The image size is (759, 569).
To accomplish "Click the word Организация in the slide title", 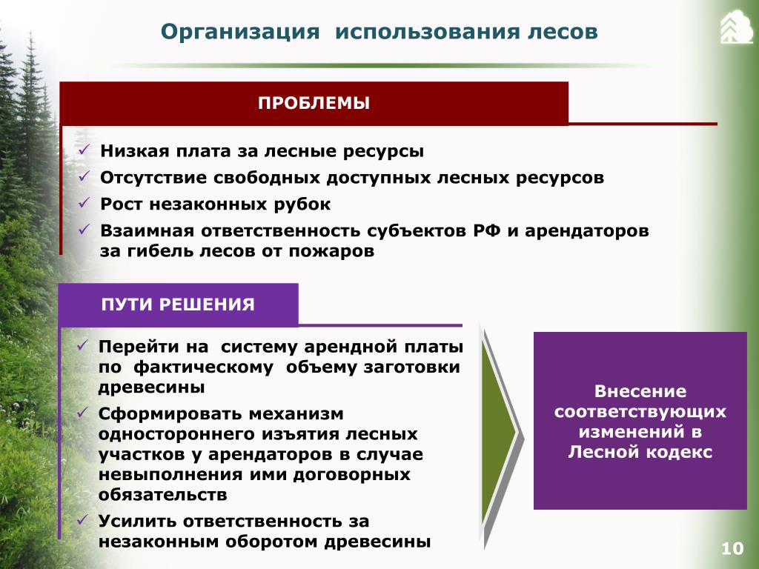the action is (x=240, y=33).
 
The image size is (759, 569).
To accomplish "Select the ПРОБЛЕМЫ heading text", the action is (x=314, y=103).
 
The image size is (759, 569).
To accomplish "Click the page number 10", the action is (x=732, y=548).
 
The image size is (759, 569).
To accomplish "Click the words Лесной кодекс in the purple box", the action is (x=640, y=452).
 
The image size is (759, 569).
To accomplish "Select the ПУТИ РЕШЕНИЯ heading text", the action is (x=178, y=305).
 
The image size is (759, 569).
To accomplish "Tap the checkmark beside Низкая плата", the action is (x=84, y=150).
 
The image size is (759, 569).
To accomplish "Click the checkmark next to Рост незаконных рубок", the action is (x=84, y=203).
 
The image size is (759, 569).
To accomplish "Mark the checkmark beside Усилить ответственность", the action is (x=83, y=520).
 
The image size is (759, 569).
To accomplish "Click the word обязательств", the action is (x=162, y=494).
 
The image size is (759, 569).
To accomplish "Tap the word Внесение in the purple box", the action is (x=640, y=391).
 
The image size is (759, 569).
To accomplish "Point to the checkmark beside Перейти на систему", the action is (x=83, y=345).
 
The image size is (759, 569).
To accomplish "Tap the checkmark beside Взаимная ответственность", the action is (x=84, y=230).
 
